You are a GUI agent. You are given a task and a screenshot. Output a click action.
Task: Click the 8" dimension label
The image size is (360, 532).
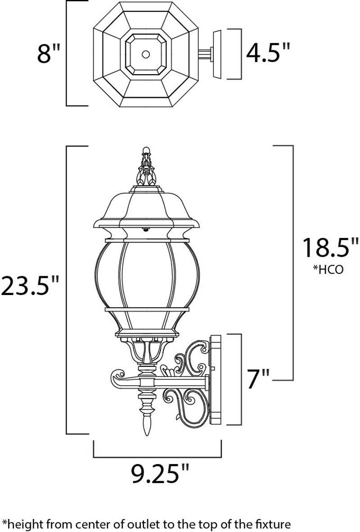[49, 54]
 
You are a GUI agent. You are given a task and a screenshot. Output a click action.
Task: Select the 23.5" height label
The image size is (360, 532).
[30, 286]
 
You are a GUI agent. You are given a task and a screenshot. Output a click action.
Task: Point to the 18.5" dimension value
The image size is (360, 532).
[330, 248]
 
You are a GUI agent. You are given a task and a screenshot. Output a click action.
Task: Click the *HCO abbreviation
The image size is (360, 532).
[328, 270]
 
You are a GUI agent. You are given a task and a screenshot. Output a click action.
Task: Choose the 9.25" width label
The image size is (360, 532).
[160, 473]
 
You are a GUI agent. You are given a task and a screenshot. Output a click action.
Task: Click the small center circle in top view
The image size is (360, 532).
[145, 54]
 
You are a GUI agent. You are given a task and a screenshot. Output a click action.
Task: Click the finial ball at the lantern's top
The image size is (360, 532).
[145, 149]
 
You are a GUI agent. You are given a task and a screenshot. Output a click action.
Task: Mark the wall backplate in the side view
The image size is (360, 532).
[217, 380]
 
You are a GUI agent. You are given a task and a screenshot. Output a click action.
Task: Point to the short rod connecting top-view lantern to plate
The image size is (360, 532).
[205, 54]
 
